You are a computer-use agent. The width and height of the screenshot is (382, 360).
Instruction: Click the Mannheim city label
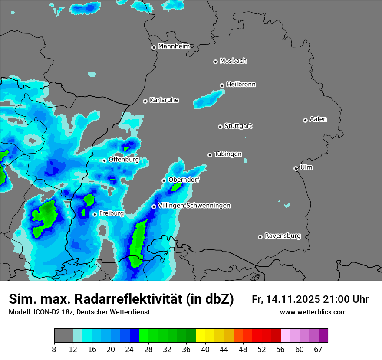coord(174,46)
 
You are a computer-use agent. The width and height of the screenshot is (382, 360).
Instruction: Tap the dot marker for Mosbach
coord(215,62)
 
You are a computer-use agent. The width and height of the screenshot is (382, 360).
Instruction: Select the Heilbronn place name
coord(241,85)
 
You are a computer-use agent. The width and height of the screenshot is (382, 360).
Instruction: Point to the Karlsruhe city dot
coord(145,101)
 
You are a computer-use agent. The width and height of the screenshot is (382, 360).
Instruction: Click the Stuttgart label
coord(238,126)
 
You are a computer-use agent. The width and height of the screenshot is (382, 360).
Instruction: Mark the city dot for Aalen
coord(305,120)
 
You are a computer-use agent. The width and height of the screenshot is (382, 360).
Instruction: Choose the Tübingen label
coord(228,154)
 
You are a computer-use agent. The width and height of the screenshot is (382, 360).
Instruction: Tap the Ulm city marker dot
coord(296,168)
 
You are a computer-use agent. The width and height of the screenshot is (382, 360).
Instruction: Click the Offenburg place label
coord(124,160)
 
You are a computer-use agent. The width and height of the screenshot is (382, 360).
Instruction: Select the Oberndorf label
coord(184,180)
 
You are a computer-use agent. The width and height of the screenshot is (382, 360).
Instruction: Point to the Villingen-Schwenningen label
coord(194,206)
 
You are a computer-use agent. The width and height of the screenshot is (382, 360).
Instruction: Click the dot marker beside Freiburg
coord(95,214)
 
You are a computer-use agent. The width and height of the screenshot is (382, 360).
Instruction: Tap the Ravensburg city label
coord(283,236)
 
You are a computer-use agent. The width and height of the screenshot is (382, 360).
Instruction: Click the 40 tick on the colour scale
coord(205,350)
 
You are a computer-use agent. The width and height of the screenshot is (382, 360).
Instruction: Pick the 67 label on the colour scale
coord(318,350)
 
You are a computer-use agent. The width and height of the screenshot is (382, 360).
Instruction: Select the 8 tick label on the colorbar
coord(54,350)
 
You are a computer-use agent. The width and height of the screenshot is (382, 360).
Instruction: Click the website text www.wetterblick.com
coord(313,312)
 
